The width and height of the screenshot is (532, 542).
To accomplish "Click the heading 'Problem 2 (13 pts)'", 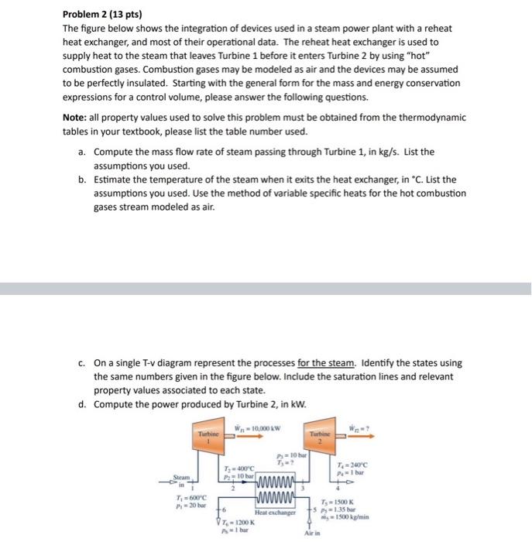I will pos(97,14).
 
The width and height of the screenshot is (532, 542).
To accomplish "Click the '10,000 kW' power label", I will pos(261,424).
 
